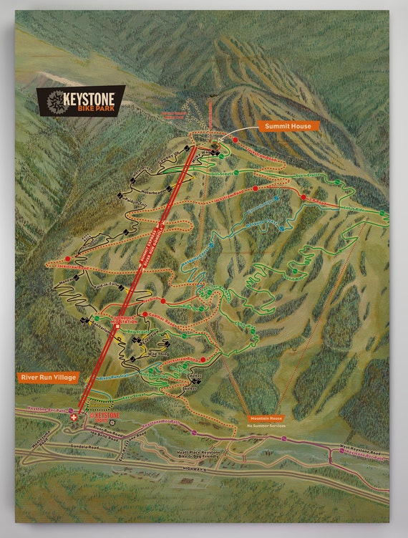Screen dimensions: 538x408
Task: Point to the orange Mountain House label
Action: point(266,418)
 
